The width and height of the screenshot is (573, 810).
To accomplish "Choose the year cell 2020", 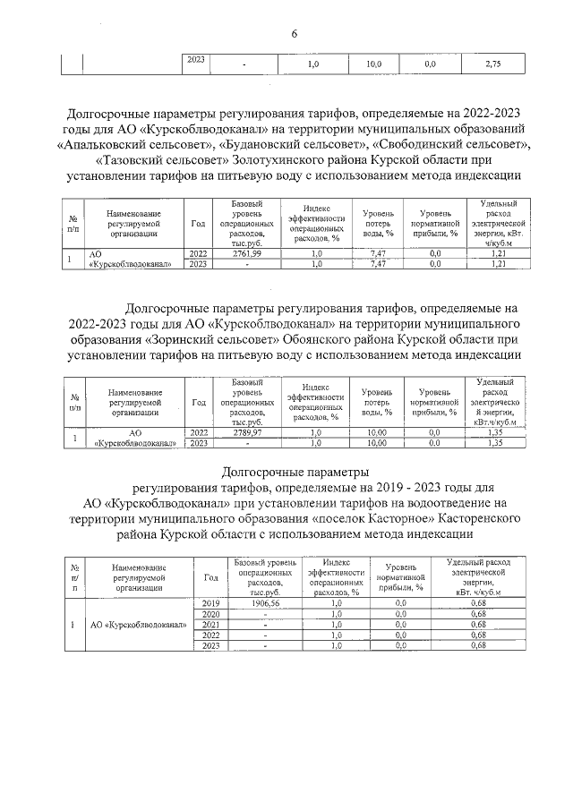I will pyautogui.click(x=211, y=614).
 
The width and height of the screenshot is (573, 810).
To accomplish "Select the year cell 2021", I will pyautogui.click(x=211, y=625).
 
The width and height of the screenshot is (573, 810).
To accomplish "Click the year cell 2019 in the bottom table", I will pyautogui.click(x=211, y=604).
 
